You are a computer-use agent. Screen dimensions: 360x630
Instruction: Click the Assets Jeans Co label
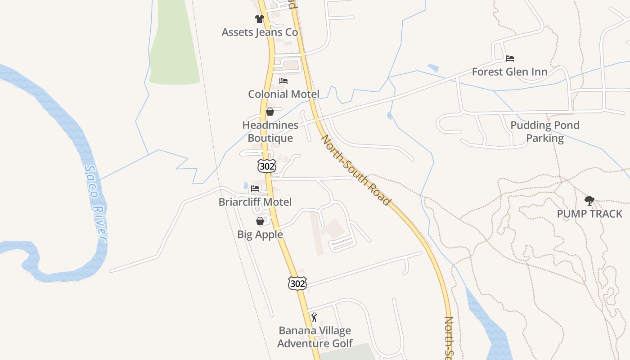[260, 32]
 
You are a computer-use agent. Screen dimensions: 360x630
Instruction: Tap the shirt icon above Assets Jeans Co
[260, 19]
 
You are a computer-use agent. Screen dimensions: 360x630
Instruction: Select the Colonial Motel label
[283, 94]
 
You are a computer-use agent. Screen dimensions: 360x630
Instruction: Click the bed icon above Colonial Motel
[283, 81]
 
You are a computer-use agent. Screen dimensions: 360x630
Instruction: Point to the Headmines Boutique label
[270, 131]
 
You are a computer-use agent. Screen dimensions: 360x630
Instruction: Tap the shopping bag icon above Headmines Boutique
[270, 112]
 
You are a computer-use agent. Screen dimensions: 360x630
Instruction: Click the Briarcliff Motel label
[255, 202]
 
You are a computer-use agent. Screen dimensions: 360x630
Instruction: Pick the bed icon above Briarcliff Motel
[255, 189]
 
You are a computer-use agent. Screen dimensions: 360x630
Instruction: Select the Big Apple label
[260, 234]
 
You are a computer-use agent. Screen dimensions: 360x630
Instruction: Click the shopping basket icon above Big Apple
[260, 221]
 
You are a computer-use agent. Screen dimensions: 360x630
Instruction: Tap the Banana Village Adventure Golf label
[315, 337]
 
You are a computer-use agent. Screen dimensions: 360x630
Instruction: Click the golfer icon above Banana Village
[314, 317]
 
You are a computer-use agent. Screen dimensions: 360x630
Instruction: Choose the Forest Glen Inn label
[509, 72]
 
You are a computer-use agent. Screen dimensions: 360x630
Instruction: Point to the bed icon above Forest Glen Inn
[509, 58]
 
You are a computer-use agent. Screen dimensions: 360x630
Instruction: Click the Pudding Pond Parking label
[545, 131]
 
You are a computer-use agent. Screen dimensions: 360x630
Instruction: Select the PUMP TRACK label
[589, 214]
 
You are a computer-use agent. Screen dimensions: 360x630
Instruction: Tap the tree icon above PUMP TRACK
[589, 201]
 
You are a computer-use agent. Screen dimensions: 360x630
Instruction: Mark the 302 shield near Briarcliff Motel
[266, 166]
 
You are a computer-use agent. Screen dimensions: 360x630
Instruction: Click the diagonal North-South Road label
[355, 170]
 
